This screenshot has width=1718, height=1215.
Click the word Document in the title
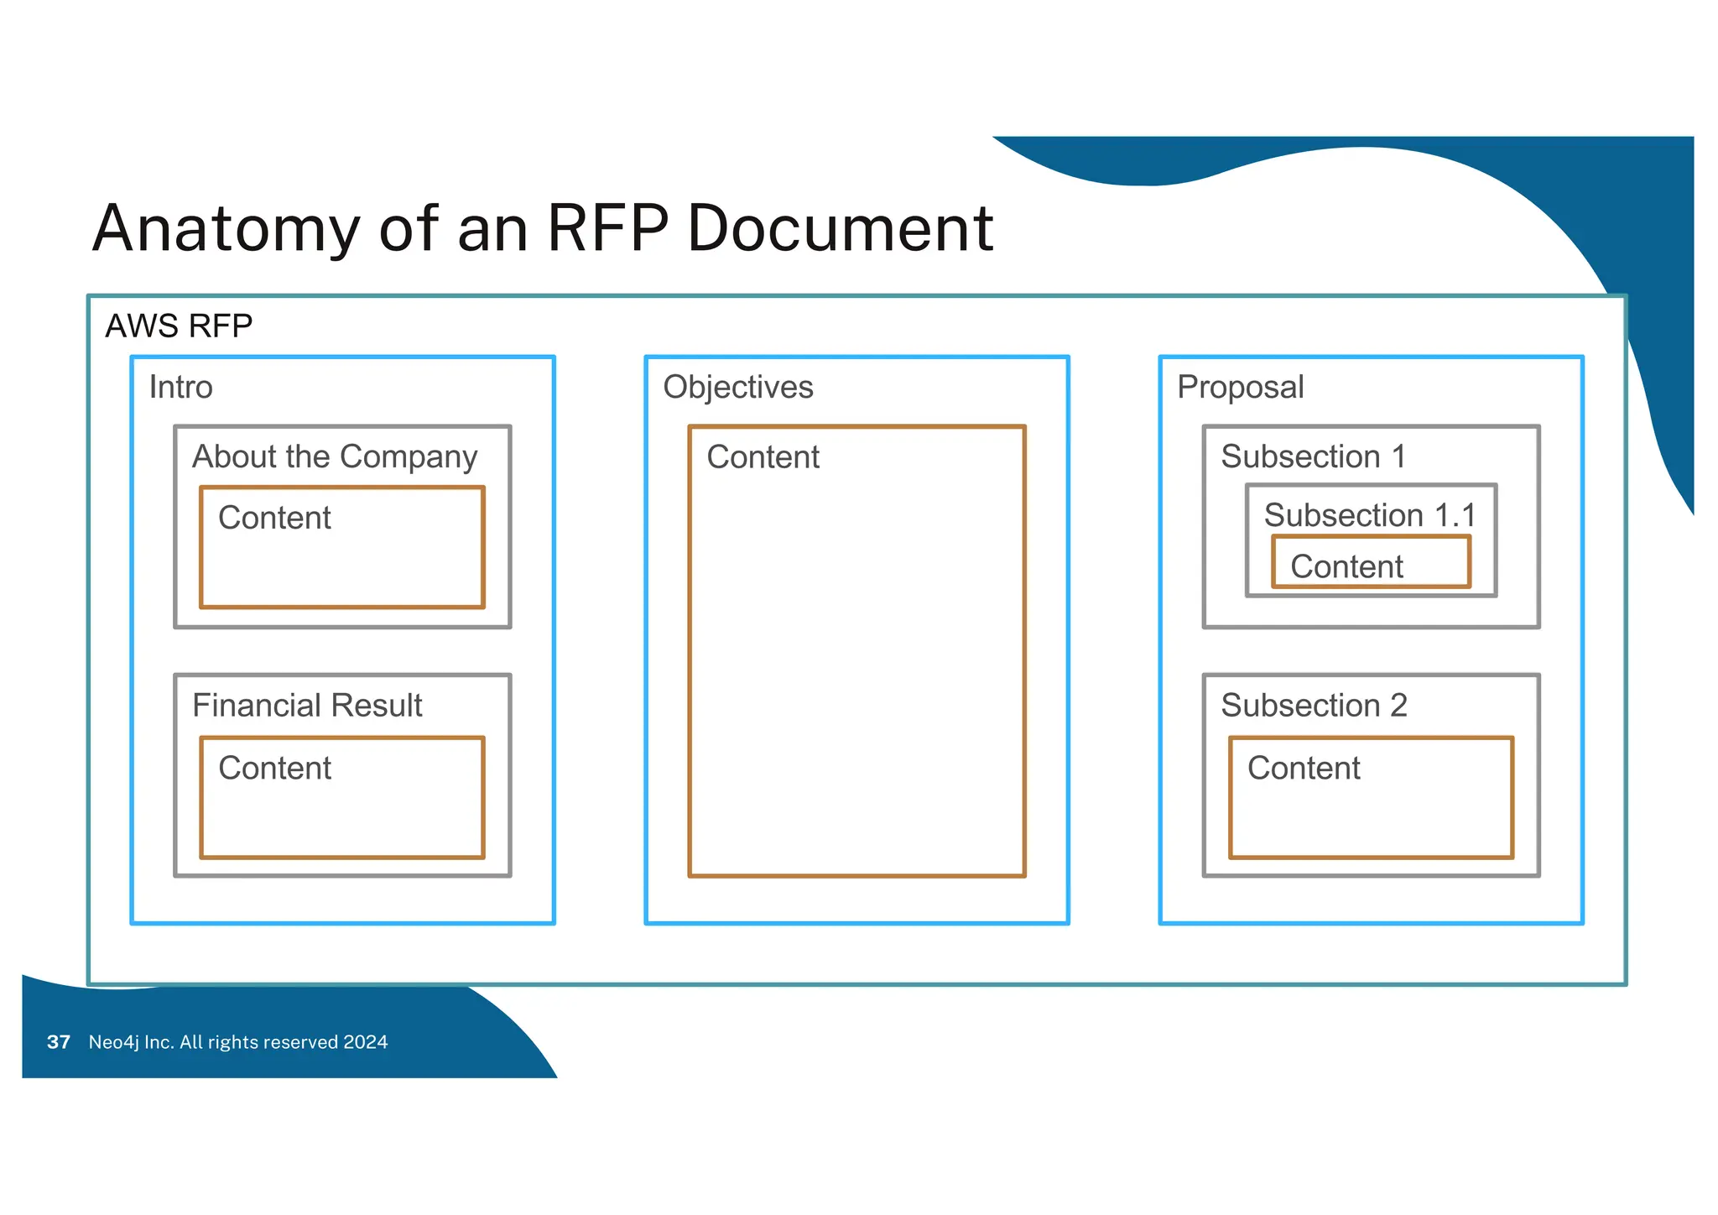pos(840,229)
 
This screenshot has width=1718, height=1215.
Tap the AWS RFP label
pos(179,326)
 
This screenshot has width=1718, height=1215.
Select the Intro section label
pos(180,387)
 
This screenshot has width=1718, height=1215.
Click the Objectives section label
pos(737,387)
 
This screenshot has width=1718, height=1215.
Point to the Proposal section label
pos(1240,387)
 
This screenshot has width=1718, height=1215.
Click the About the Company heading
pos(335,456)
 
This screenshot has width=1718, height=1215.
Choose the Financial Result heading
pos(307,706)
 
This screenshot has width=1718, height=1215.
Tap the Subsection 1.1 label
pos(1369,514)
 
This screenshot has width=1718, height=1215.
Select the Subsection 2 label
pos(1314,706)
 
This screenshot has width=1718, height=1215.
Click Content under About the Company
pos(274,518)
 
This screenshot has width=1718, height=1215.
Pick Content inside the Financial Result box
pos(274,768)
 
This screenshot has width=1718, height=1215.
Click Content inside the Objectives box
pos(763,457)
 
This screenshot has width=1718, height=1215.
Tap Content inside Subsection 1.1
pos(1346,566)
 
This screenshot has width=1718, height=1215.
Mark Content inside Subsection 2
pos(1304,768)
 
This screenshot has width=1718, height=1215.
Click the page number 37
pos(59,1042)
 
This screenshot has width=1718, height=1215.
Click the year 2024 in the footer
pos(365,1042)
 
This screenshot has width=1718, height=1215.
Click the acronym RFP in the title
pos(607,229)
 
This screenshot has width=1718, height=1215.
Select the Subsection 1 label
pos(1313,456)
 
